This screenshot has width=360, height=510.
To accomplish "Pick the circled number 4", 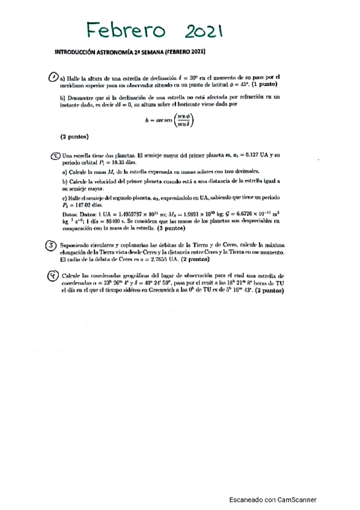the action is click(53, 275).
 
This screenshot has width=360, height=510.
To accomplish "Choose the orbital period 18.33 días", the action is click(111, 162).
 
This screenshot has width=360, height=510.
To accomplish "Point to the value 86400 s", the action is click(112, 221).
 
